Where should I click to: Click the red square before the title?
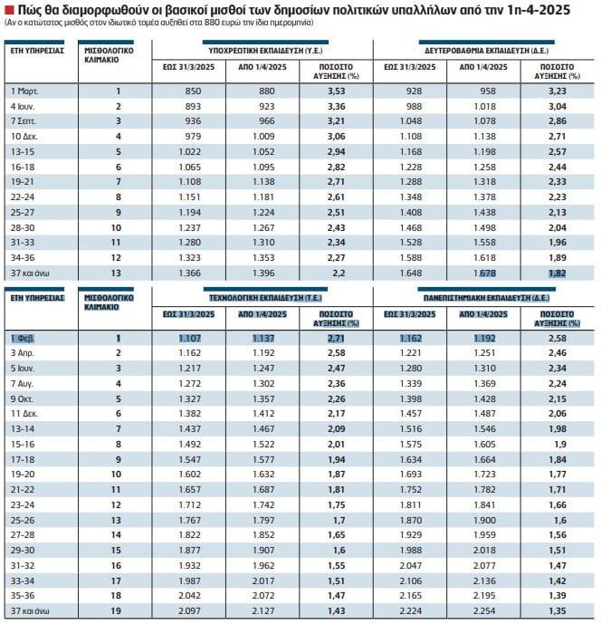point(9,9)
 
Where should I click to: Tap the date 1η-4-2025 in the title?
point(539,9)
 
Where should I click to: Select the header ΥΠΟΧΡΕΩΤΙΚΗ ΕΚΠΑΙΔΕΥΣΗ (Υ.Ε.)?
point(265,51)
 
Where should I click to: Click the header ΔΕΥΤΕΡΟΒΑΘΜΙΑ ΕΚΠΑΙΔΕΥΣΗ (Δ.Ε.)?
point(486,51)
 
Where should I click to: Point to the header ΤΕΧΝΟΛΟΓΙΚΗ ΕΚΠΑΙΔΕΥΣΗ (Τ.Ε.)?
point(265,298)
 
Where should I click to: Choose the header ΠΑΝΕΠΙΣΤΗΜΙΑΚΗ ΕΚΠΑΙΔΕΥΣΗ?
point(476,298)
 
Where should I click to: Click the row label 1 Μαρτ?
point(24,91)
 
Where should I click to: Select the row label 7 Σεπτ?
point(23,121)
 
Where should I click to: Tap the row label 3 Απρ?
point(23,353)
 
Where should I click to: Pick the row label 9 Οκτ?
point(23,398)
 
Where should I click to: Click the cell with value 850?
point(193,91)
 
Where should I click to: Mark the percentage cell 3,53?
point(336,91)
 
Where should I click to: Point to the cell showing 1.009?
point(263,137)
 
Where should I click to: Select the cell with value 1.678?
point(484,274)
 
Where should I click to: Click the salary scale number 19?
point(116,610)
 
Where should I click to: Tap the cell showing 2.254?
point(484,610)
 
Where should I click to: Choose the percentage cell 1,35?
point(558,610)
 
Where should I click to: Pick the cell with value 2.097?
point(189,610)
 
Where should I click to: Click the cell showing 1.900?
point(484,521)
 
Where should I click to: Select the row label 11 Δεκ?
point(24,414)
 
